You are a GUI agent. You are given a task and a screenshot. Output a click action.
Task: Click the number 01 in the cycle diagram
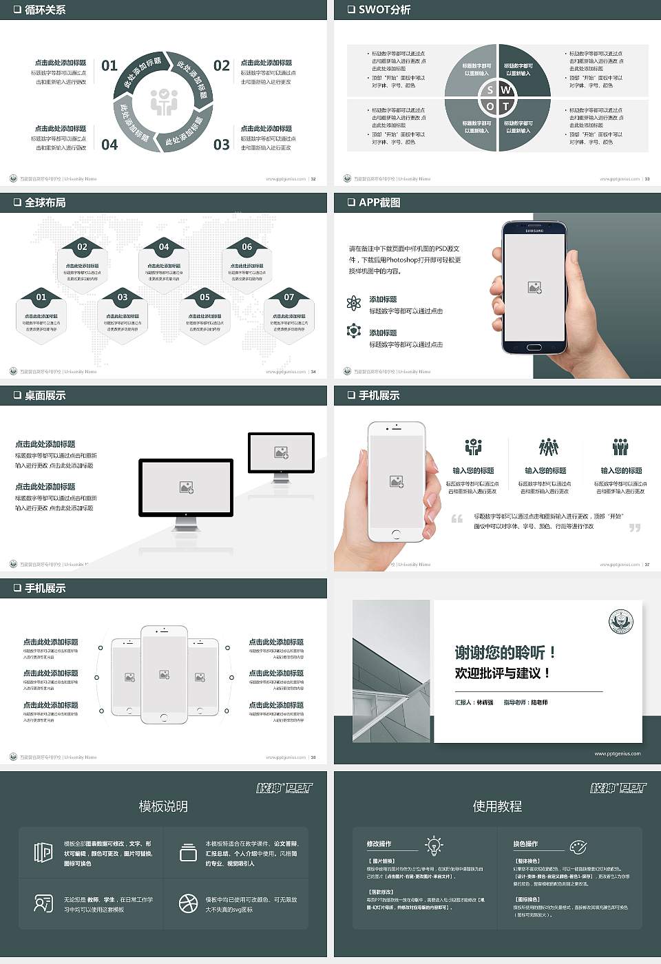pyautogui.click(x=109, y=65)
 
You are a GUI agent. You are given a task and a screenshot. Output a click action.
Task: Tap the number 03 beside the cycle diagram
pyautogui.click(x=221, y=145)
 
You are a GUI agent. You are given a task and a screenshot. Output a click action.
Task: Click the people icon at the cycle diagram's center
pyautogui.click(x=164, y=101)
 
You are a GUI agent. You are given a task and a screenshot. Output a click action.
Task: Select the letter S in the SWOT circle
pyautogui.click(x=490, y=90)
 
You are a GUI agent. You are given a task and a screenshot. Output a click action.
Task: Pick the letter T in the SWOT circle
pyautogui.click(x=505, y=106)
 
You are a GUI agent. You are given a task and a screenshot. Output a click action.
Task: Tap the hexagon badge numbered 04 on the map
pyautogui.click(x=164, y=247)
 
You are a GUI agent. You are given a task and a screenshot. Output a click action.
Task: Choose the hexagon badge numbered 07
pyautogui.click(x=289, y=297)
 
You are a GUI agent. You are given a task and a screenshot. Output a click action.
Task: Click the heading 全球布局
pyautogui.click(x=45, y=202)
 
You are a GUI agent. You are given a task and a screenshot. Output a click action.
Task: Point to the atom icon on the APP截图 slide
pyautogui.click(x=354, y=303)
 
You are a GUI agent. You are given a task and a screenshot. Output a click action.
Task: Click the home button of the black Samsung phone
pyautogui.click(x=534, y=346)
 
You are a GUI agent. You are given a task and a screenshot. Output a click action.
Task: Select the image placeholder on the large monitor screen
pyautogui.click(x=186, y=488)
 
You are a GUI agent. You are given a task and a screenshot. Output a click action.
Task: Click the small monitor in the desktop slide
pyautogui.click(x=281, y=454)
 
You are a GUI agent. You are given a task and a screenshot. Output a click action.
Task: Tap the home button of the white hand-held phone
pyautogui.click(x=396, y=534)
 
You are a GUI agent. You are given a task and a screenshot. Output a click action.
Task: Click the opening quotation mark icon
pyautogui.click(x=457, y=518)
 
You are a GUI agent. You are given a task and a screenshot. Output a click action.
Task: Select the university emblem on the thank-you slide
pyautogui.click(x=621, y=621)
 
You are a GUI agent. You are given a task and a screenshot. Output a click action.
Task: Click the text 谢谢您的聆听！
pyautogui.click(x=505, y=652)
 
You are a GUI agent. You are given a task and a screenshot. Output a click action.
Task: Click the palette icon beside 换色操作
pyautogui.click(x=578, y=846)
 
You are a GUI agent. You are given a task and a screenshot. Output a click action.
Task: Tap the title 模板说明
pyautogui.click(x=163, y=806)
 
